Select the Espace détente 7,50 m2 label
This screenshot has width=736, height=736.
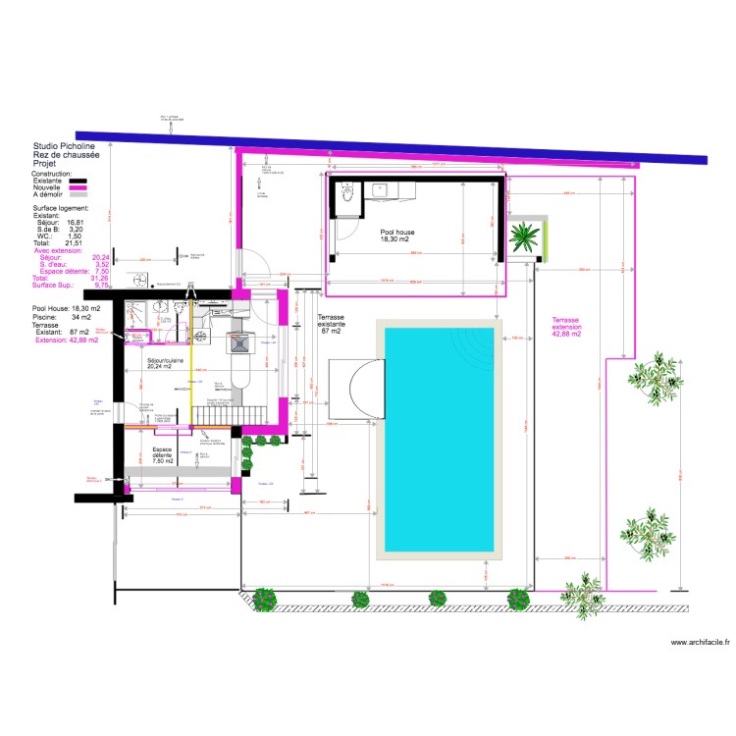pos(155,457)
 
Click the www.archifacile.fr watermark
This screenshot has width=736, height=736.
pos(701,643)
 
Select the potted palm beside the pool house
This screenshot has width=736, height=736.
pos(525,237)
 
